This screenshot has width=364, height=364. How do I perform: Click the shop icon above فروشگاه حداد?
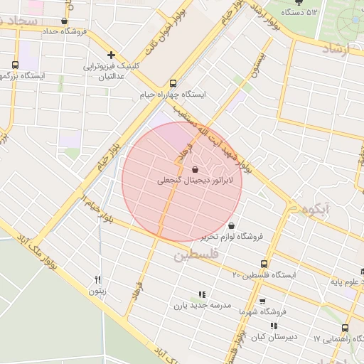tap(65, 21)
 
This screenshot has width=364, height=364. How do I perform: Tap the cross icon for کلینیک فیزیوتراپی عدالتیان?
tap(111, 55)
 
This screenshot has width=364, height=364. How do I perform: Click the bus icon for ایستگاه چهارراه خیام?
tap(173, 82)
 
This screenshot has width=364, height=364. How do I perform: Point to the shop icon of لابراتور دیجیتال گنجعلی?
tap(195, 170)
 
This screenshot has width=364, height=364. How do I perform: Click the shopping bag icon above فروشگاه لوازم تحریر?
tap(231, 226)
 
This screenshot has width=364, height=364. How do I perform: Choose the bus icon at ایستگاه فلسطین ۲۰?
tap(264, 264)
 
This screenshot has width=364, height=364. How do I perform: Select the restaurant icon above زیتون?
tap(98, 279)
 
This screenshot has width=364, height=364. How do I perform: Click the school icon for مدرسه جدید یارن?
tap(203, 294)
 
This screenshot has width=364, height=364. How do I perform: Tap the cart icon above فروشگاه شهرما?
tap(262, 301)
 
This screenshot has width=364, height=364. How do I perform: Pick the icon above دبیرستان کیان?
tap(274, 326)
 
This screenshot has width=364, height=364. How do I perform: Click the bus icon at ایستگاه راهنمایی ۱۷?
tap(345, 328)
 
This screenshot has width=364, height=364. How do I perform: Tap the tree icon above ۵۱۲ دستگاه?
tap(298, 2)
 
